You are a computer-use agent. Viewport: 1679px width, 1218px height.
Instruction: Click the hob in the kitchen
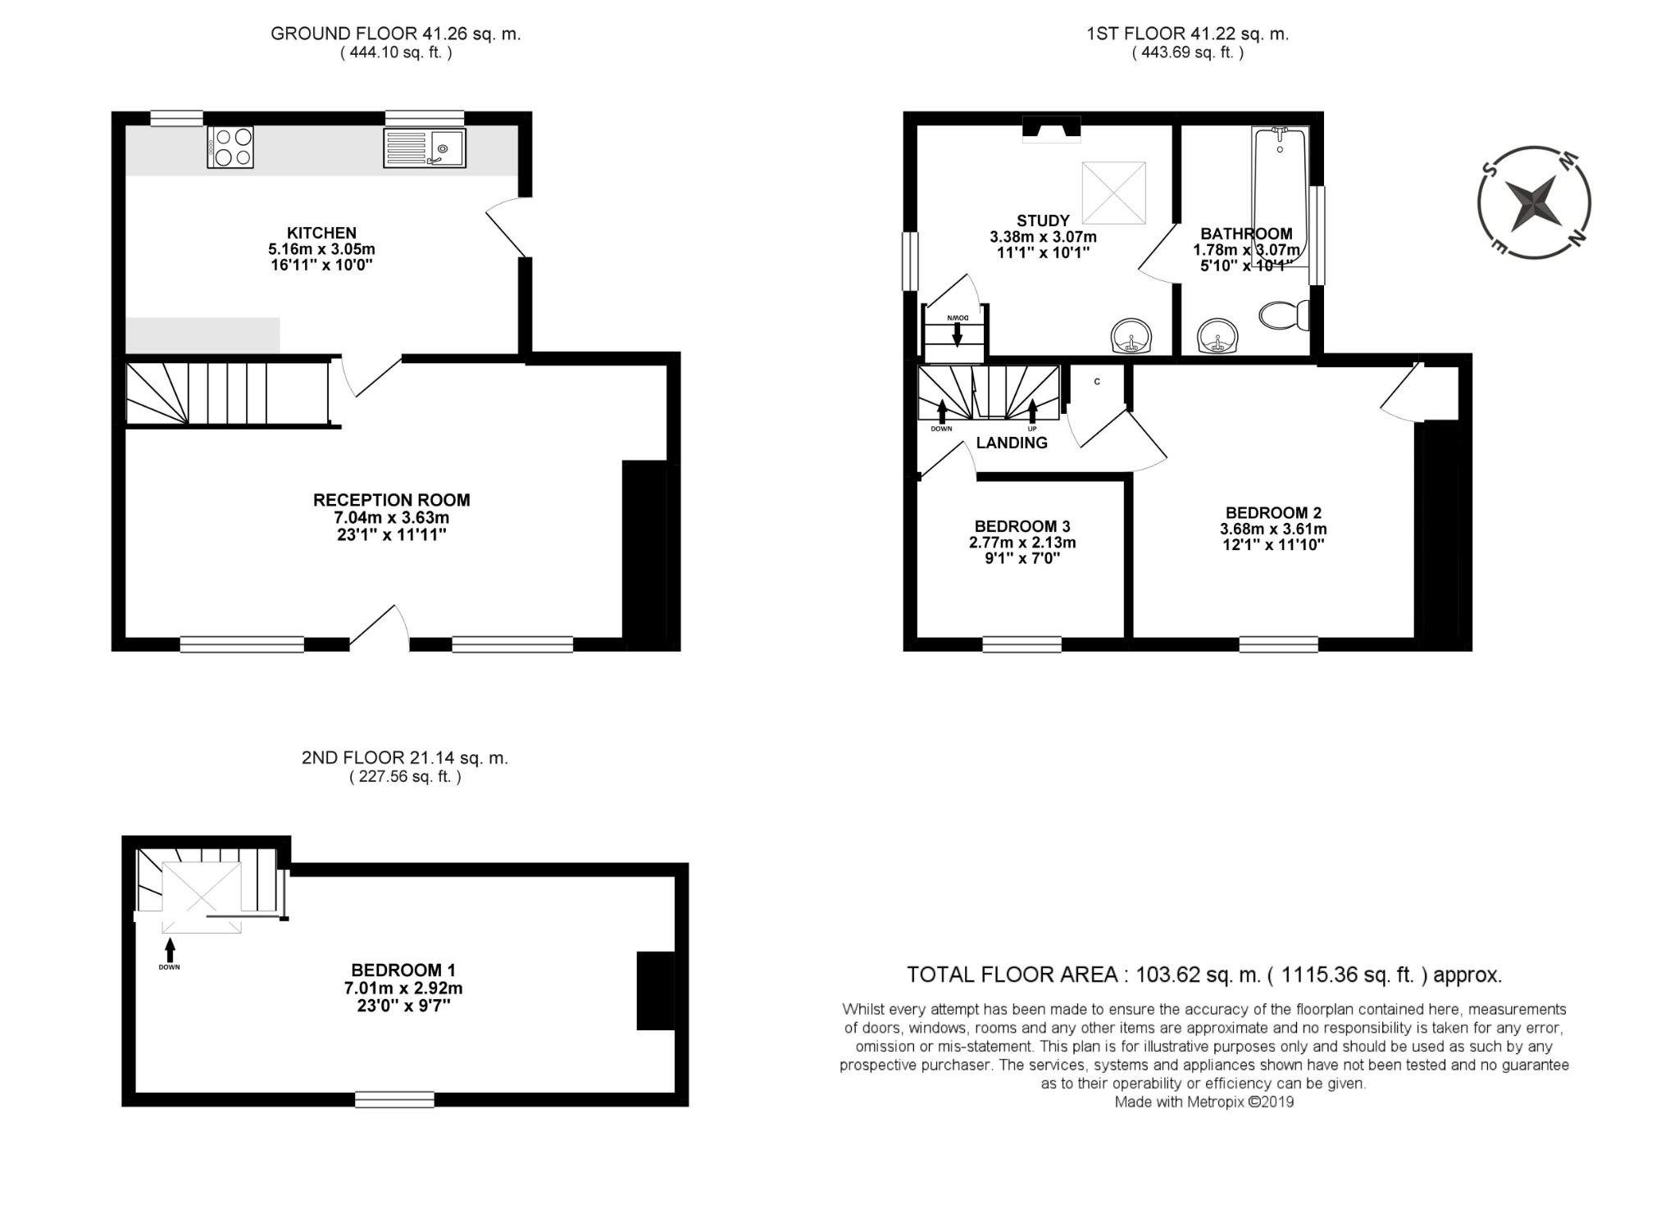point(230,148)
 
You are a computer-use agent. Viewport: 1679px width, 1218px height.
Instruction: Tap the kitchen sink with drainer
point(424,148)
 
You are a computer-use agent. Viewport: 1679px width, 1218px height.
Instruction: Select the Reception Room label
point(392,500)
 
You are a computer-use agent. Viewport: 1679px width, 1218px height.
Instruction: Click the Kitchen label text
point(321,233)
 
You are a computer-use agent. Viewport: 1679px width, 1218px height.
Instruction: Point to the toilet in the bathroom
point(1284,315)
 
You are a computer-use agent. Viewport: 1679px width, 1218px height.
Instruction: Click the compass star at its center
point(1534,202)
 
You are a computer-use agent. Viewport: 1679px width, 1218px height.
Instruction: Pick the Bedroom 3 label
point(1022,526)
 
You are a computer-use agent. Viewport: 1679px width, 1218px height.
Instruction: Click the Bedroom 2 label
point(1273,513)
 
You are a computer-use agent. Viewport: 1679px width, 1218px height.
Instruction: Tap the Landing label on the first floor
point(1012,443)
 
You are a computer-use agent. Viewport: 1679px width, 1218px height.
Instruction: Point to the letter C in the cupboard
point(1097,382)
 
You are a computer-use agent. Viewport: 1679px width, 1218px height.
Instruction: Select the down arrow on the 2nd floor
point(170,949)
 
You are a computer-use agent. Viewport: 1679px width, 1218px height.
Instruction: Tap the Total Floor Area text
point(1204,975)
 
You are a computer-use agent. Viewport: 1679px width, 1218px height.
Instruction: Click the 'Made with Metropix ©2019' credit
point(1204,1102)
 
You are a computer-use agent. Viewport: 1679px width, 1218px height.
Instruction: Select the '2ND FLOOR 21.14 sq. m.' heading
point(405,758)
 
